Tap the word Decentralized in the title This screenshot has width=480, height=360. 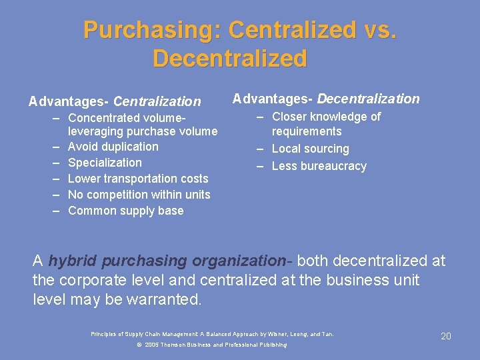[x=230, y=59]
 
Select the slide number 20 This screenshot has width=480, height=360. [x=446, y=336]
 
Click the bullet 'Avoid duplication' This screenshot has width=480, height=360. [x=113, y=147]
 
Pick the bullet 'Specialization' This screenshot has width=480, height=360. [x=105, y=163]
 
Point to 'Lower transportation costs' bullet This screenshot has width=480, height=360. [x=138, y=179]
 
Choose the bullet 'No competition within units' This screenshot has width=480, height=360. [x=139, y=195]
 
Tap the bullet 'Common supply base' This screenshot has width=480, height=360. [x=126, y=211]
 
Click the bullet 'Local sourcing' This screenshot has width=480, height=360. [x=310, y=149]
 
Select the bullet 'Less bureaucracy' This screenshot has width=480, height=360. [x=319, y=166]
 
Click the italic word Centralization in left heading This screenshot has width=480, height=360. [x=157, y=102]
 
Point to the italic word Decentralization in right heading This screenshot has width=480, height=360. [x=368, y=99]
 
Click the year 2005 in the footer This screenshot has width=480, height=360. [x=151, y=345]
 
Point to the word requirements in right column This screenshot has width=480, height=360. [x=307, y=131]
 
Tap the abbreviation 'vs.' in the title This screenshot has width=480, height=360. [x=379, y=30]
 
